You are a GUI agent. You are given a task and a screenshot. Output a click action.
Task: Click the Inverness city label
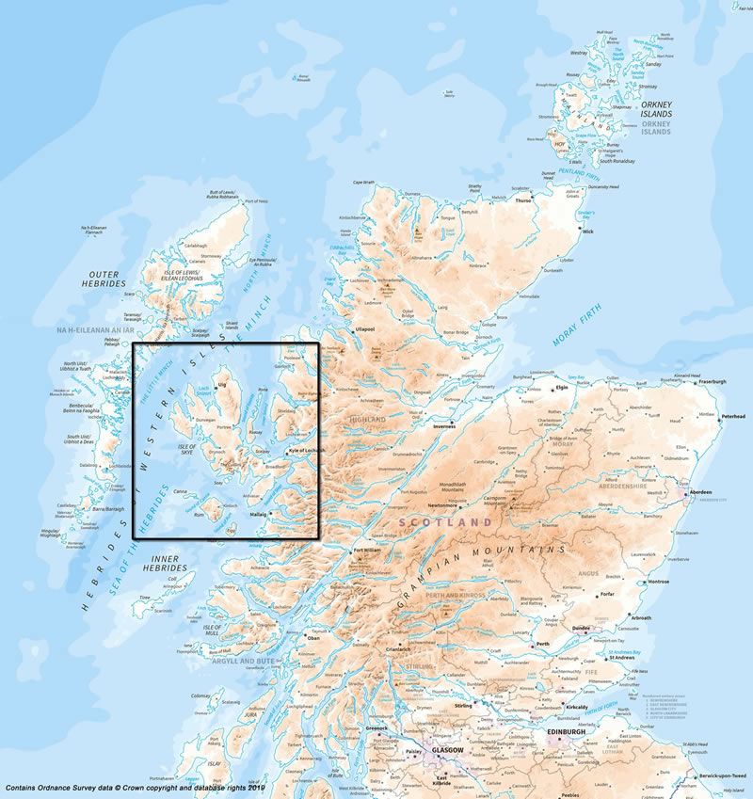click(x=444, y=425)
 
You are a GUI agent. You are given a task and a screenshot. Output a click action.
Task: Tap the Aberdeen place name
click(x=699, y=492)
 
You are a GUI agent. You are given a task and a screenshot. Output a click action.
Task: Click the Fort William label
click(x=366, y=551)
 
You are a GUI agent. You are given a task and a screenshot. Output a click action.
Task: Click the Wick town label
click(x=588, y=231)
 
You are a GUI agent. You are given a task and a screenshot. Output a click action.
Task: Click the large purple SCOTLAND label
click(x=445, y=521)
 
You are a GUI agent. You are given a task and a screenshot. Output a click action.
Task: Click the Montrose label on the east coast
click(x=658, y=582)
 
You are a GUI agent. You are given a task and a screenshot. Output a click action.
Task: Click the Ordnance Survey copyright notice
click(x=136, y=787)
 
